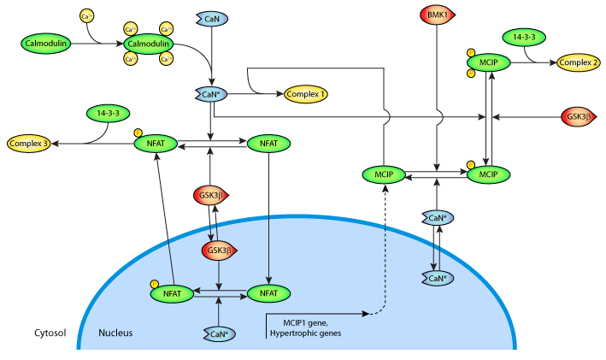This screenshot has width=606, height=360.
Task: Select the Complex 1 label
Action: click(305, 94)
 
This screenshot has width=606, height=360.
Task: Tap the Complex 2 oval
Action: click(578, 62)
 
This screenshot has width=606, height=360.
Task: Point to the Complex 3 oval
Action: click(29, 143)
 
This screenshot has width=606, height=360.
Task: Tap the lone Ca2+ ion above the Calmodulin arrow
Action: click(86, 15)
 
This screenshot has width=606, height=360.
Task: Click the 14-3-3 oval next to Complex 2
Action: click(525, 38)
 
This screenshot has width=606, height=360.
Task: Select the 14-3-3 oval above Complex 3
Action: click(108, 112)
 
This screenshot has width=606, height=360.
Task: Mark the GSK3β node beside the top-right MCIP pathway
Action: click(578, 116)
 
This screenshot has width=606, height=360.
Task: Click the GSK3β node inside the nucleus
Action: click(218, 251)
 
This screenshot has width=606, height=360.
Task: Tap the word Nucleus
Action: click(115, 332)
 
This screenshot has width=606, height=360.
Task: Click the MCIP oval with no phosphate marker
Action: click(383, 174)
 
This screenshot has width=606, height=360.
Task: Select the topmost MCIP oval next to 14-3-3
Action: click(488, 62)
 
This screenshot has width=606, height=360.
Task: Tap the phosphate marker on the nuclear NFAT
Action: click(155, 283)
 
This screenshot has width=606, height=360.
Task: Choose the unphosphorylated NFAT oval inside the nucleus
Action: click(269, 293)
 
